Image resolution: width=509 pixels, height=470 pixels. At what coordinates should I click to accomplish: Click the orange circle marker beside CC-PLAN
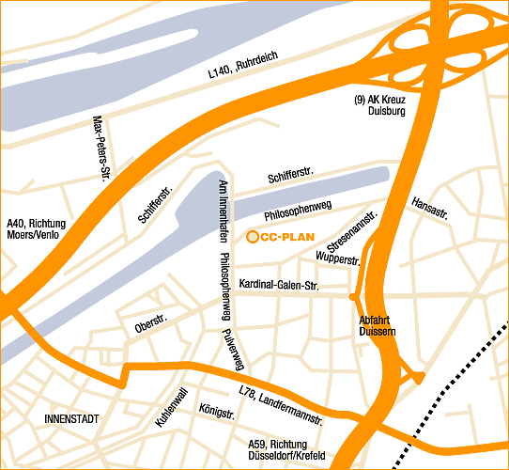point(252,238)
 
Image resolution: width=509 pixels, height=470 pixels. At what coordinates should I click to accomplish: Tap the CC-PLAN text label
point(286,238)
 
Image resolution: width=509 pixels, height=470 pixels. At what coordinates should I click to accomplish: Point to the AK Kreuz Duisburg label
point(379,105)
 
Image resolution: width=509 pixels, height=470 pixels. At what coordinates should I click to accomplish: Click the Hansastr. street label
point(429,209)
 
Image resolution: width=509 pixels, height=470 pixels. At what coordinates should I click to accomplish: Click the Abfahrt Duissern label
point(379,325)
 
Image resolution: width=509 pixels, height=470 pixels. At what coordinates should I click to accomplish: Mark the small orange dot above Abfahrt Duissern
point(352,296)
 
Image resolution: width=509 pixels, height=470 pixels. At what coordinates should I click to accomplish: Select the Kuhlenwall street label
point(177,410)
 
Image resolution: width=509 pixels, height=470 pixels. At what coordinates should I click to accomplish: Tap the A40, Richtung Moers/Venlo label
point(36,228)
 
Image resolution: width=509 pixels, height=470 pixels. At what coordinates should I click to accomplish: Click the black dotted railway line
point(453,387)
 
